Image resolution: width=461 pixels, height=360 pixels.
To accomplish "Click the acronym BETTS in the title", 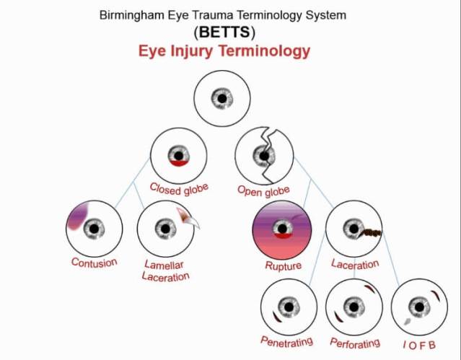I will click(x=224, y=32).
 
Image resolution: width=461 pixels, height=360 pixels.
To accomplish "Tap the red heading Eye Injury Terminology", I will click(x=224, y=51).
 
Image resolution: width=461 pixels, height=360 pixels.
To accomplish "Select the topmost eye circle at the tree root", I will click(x=223, y=99).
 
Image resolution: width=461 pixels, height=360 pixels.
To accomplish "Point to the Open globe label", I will click(x=264, y=190).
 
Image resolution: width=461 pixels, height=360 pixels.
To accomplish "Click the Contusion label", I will click(x=94, y=263).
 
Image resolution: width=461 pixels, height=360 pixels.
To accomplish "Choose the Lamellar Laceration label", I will click(x=166, y=271).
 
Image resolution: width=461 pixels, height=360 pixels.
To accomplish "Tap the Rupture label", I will click(x=283, y=265).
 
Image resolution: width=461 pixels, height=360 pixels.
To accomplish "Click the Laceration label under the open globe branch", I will click(x=355, y=265).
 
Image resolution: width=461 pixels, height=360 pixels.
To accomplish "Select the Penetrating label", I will click(x=286, y=338).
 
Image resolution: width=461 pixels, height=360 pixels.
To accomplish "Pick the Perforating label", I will click(x=354, y=342).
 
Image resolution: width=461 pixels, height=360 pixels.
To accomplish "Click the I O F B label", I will click(x=418, y=343).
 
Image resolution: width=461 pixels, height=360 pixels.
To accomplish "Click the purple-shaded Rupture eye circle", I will click(x=281, y=229).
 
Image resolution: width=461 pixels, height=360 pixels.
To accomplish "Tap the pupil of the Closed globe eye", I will click(x=179, y=154).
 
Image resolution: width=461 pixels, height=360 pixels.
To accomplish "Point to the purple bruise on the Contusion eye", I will click(x=76, y=216).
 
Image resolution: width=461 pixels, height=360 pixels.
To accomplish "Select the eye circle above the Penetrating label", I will click(x=288, y=307).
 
